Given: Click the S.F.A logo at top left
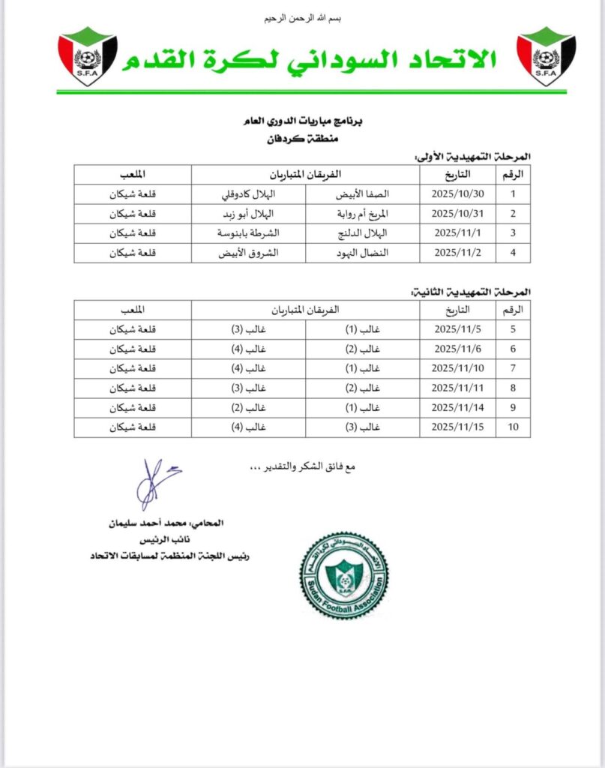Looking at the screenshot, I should (x=88, y=56).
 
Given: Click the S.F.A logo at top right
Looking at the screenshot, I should (x=546, y=56).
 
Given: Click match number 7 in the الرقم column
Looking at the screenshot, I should (x=514, y=368).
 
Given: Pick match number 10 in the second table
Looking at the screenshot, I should (x=514, y=427).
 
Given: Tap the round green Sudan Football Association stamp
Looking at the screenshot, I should (x=344, y=574).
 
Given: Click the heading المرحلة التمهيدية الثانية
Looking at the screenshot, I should (x=472, y=290).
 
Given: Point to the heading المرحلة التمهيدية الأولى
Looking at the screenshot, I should (x=472, y=155).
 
